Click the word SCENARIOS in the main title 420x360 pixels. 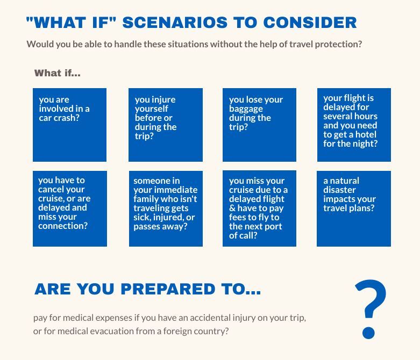click(x=175, y=23)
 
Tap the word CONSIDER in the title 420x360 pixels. click(x=310, y=23)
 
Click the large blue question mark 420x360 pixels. click(x=370, y=309)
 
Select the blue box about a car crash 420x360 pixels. click(x=70, y=125)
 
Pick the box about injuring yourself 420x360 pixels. click(x=166, y=125)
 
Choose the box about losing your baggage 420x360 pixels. click(x=259, y=125)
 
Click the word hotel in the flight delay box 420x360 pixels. click(x=366, y=134)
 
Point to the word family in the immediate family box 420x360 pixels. click(x=146, y=199)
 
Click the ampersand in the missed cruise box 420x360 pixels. click(x=232, y=208)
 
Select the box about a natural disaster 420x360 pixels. click(x=354, y=208)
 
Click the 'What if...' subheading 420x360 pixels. click(x=58, y=73)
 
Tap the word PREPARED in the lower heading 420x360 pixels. click(x=168, y=289)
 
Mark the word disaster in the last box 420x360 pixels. click(x=339, y=190)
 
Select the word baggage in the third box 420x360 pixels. click(x=246, y=109)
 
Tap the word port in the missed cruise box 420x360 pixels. click(x=273, y=227)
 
